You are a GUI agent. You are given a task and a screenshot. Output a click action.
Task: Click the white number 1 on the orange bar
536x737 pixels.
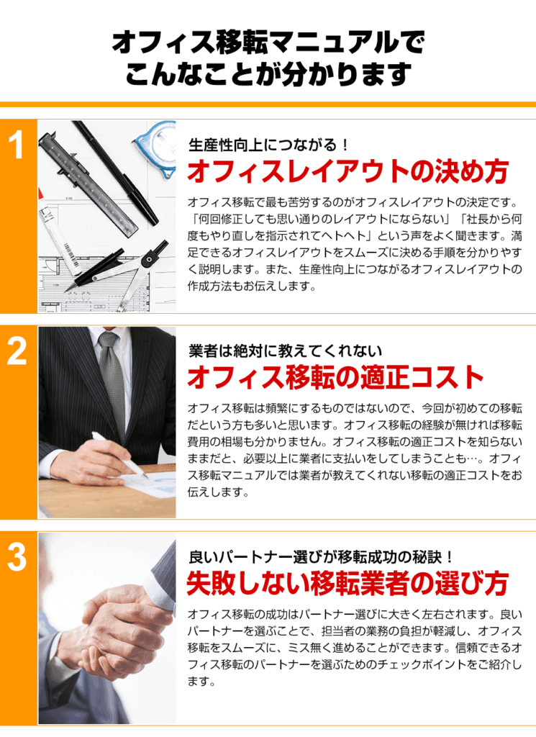pyautogui.click(x=17, y=144)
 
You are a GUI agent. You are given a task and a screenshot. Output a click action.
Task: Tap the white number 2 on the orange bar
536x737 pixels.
pyautogui.click(x=17, y=351)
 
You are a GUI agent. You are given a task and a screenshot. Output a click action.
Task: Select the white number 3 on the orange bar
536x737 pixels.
pyautogui.click(x=17, y=557)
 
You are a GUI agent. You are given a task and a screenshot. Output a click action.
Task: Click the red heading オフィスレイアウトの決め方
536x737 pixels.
pyautogui.click(x=348, y=171)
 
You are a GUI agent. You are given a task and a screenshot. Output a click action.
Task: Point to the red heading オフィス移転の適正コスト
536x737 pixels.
pyautogui.click(x=335, y=377)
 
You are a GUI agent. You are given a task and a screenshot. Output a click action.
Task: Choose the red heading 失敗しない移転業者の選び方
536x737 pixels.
pyautogui.click(x=348, y=583)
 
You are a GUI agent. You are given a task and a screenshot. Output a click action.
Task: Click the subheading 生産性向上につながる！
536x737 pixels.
pyautogui.click(x=268, y=144)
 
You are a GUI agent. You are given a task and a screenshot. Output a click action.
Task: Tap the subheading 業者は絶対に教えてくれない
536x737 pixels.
pyautogui.click(x=285, y=351)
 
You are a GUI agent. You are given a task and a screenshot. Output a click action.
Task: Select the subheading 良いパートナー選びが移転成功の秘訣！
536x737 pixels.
pyautogui.click(x=322, y=557)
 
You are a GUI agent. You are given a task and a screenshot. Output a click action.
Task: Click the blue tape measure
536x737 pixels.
pyautogui.click(x=158, y=145)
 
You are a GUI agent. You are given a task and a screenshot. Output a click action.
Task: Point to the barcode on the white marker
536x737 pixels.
pyautogui.click(x=69, y=251)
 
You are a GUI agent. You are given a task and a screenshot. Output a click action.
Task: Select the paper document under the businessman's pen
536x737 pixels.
pyautogui.click(x=150, y=487)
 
